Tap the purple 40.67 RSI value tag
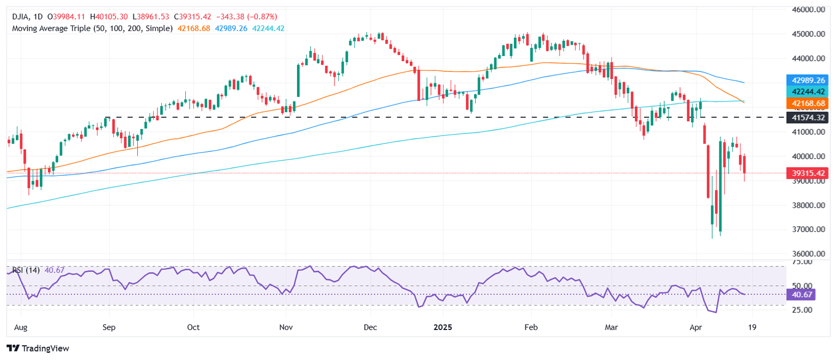click(801, 295)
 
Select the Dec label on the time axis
click(371, 328)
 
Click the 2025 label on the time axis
click(442, 328)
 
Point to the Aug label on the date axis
click(21, 328)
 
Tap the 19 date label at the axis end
click(753, 328)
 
